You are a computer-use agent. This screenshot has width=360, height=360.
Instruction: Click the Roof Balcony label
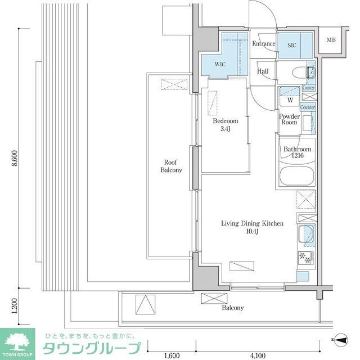(172, 166)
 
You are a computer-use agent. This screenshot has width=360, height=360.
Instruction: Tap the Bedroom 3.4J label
(225, 125)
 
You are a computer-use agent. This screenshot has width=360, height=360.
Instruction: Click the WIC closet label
(220, 64)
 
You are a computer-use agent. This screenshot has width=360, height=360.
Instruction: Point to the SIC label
(292, 44)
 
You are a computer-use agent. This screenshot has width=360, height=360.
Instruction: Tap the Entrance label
(263, 44)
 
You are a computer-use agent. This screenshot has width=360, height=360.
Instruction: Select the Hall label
(262, 71)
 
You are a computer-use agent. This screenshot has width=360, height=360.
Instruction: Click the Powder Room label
(290, 119)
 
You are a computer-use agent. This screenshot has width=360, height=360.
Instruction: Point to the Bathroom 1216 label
(296, 153)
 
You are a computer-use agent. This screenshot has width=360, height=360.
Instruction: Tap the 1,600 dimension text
(172, 355)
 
